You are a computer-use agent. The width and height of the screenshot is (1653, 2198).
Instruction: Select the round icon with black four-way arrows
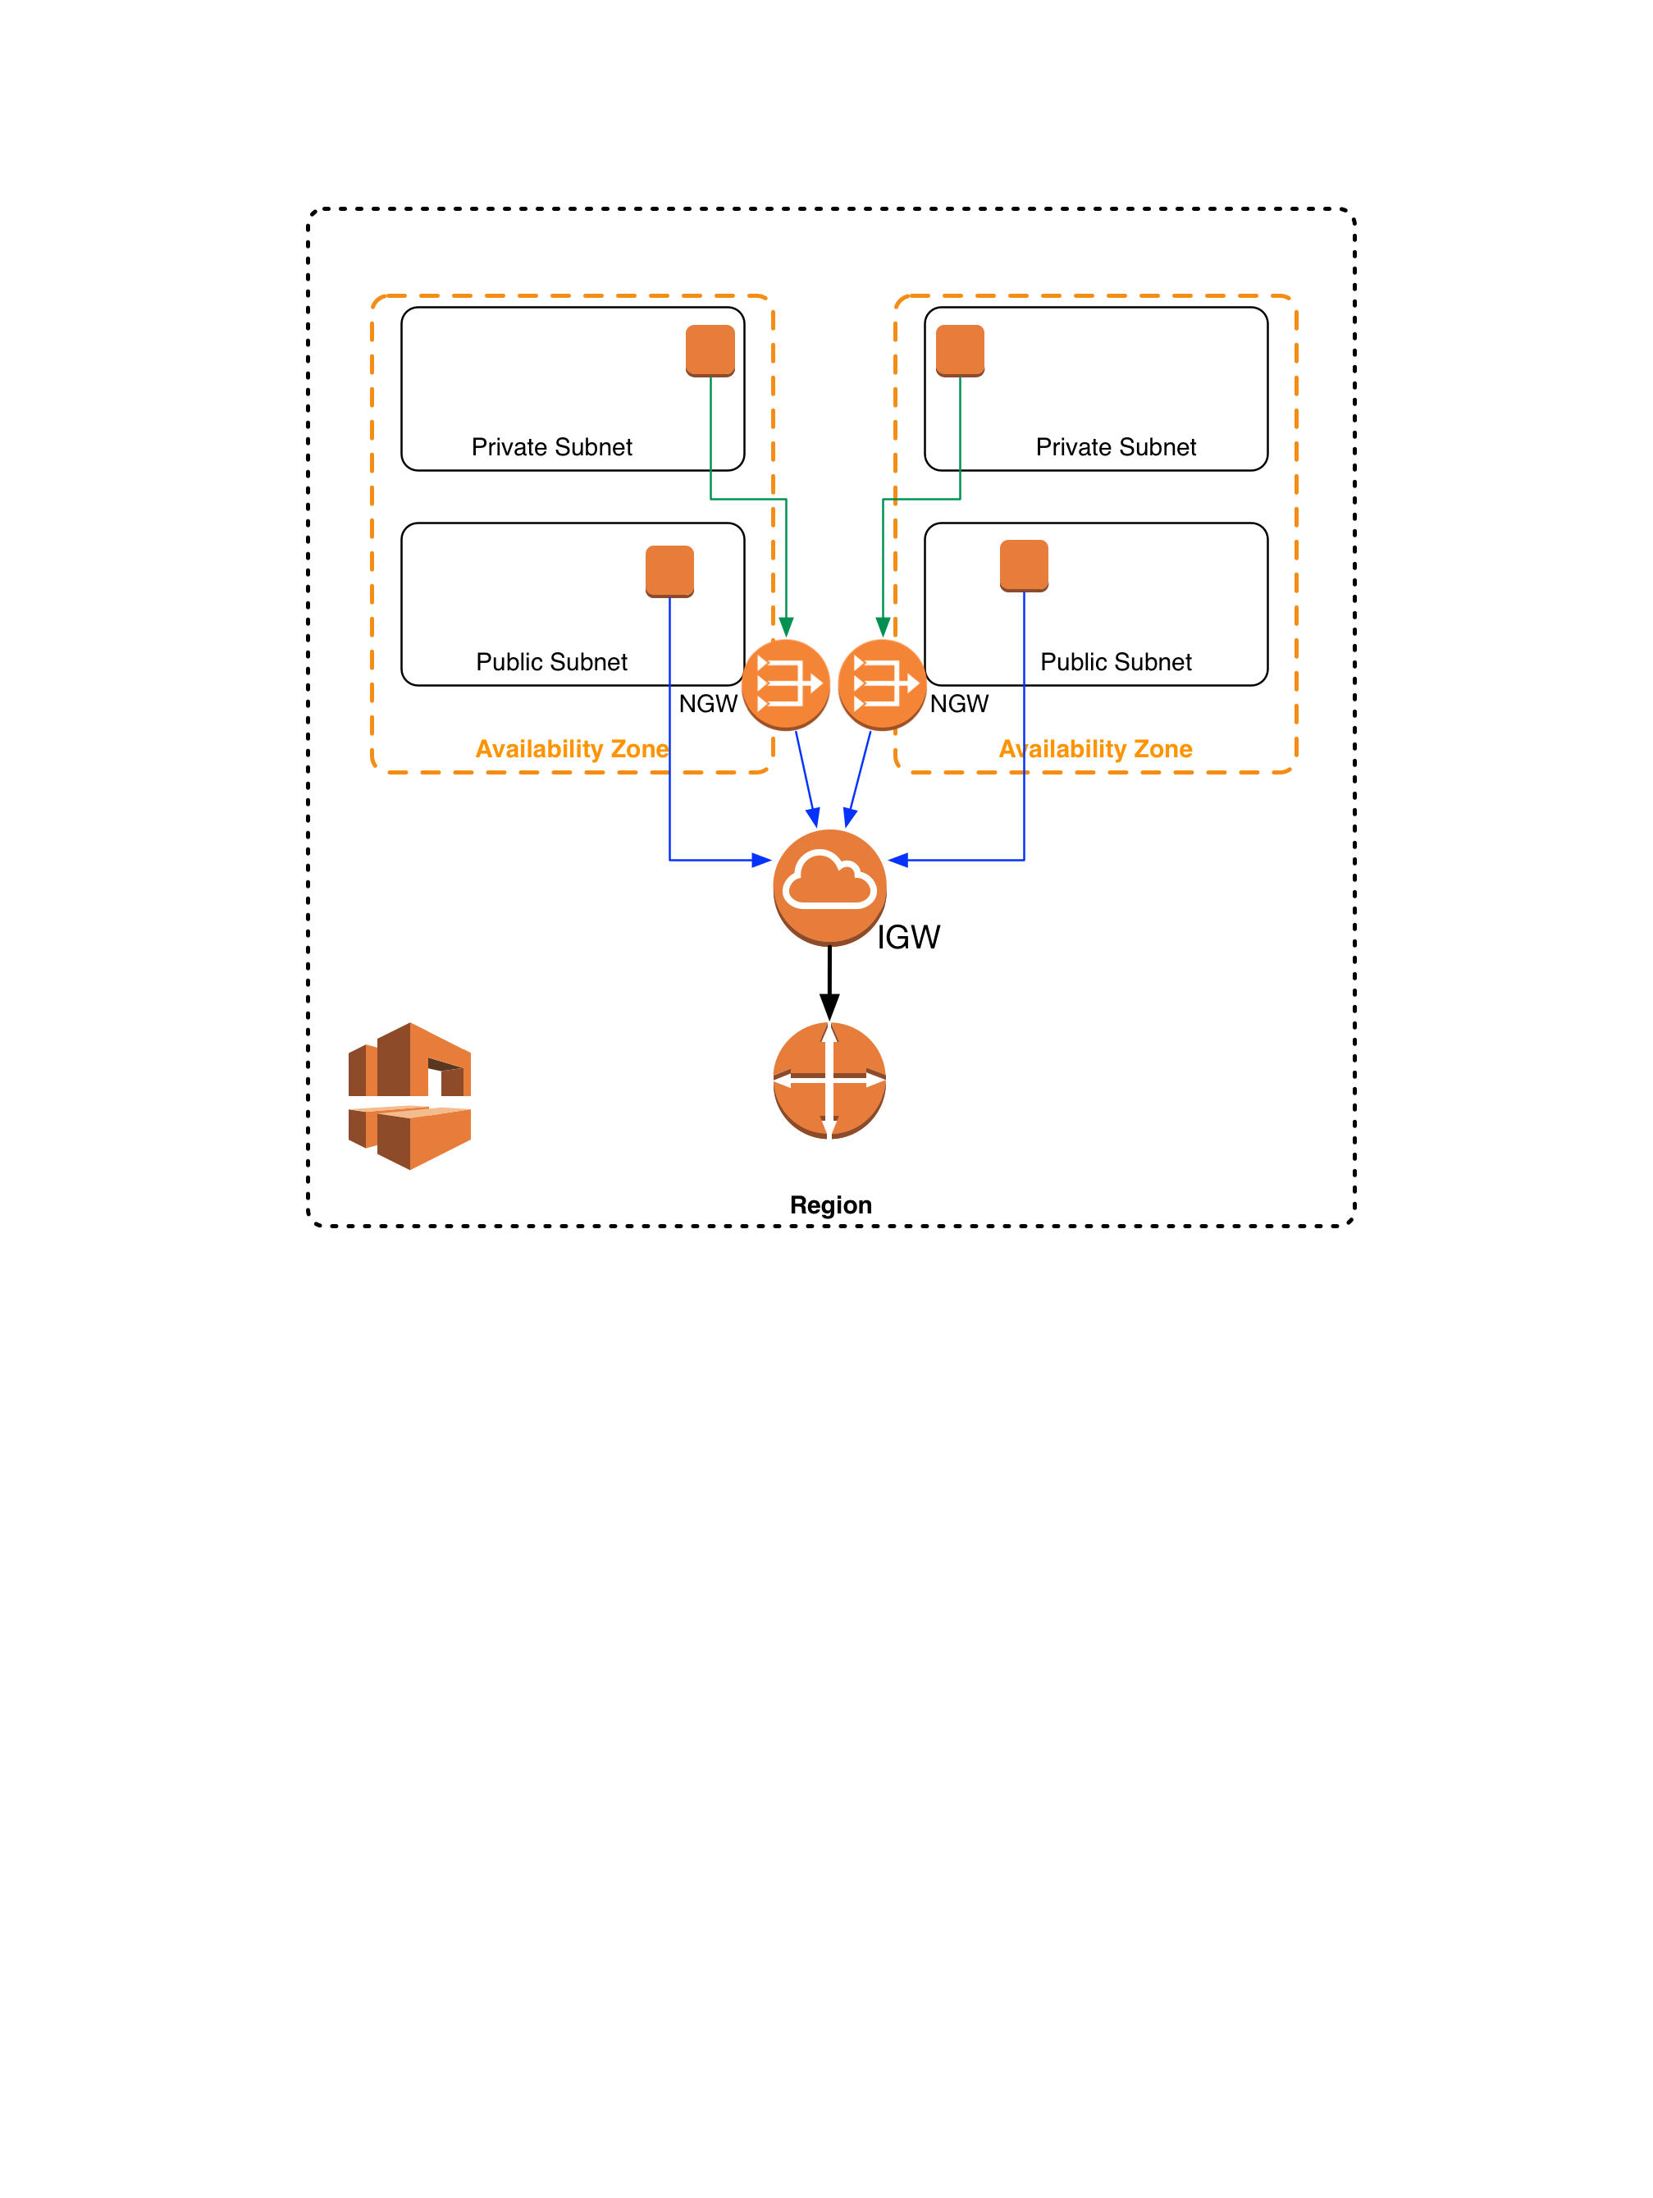[829, 1079]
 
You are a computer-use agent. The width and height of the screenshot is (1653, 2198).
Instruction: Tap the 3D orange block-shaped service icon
[409, 1095]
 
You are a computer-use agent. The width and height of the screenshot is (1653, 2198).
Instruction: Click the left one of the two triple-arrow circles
[786, 683]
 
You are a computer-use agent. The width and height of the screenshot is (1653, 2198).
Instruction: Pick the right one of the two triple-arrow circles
[882, 683]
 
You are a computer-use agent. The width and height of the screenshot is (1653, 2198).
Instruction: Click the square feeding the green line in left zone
[710, 350]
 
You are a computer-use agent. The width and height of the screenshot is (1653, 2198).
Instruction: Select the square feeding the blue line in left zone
[669, 570]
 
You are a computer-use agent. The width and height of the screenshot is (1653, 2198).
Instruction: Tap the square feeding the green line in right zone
[960, 350]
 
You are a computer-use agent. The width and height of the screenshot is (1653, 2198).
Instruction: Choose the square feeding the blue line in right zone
[1024, 564]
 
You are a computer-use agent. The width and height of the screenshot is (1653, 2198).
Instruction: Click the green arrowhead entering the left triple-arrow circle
[786, 627]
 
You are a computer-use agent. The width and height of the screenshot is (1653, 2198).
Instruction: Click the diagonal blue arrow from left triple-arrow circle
[806, 778]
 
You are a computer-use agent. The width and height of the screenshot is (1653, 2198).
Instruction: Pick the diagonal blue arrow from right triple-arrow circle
[858, 778]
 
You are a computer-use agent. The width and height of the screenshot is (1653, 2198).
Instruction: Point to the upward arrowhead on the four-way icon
[829, 1034]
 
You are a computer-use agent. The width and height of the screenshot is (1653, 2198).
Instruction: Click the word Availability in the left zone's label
[538, 749]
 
